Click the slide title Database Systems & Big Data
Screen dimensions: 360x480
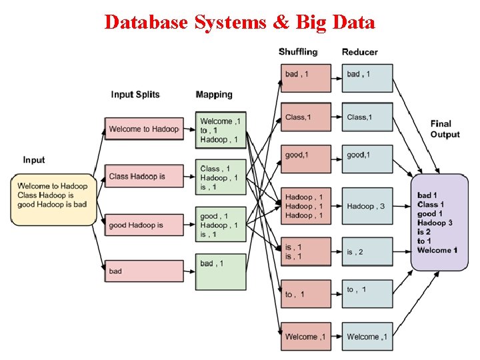point(240,22)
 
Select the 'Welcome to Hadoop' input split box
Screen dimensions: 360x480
point(143,129)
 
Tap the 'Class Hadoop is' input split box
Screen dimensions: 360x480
point(143,177)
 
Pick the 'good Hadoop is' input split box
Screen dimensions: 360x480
point(143,225)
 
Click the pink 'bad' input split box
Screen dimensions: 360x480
point(143,271)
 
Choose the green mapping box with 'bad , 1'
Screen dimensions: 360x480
point(221,271)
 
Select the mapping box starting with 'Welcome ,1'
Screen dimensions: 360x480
point(221,130)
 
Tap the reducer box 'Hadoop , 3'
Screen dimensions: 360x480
point(367,206)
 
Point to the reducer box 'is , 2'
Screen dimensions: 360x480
point(367,252)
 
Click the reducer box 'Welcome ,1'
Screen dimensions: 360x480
point(367,337)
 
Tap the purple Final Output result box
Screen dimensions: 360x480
point(439,222)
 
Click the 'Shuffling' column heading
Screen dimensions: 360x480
point(298,52)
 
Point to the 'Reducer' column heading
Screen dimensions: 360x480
point(359,52)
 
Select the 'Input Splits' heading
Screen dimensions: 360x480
point(135,95)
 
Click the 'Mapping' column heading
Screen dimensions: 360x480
point(214,95)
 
